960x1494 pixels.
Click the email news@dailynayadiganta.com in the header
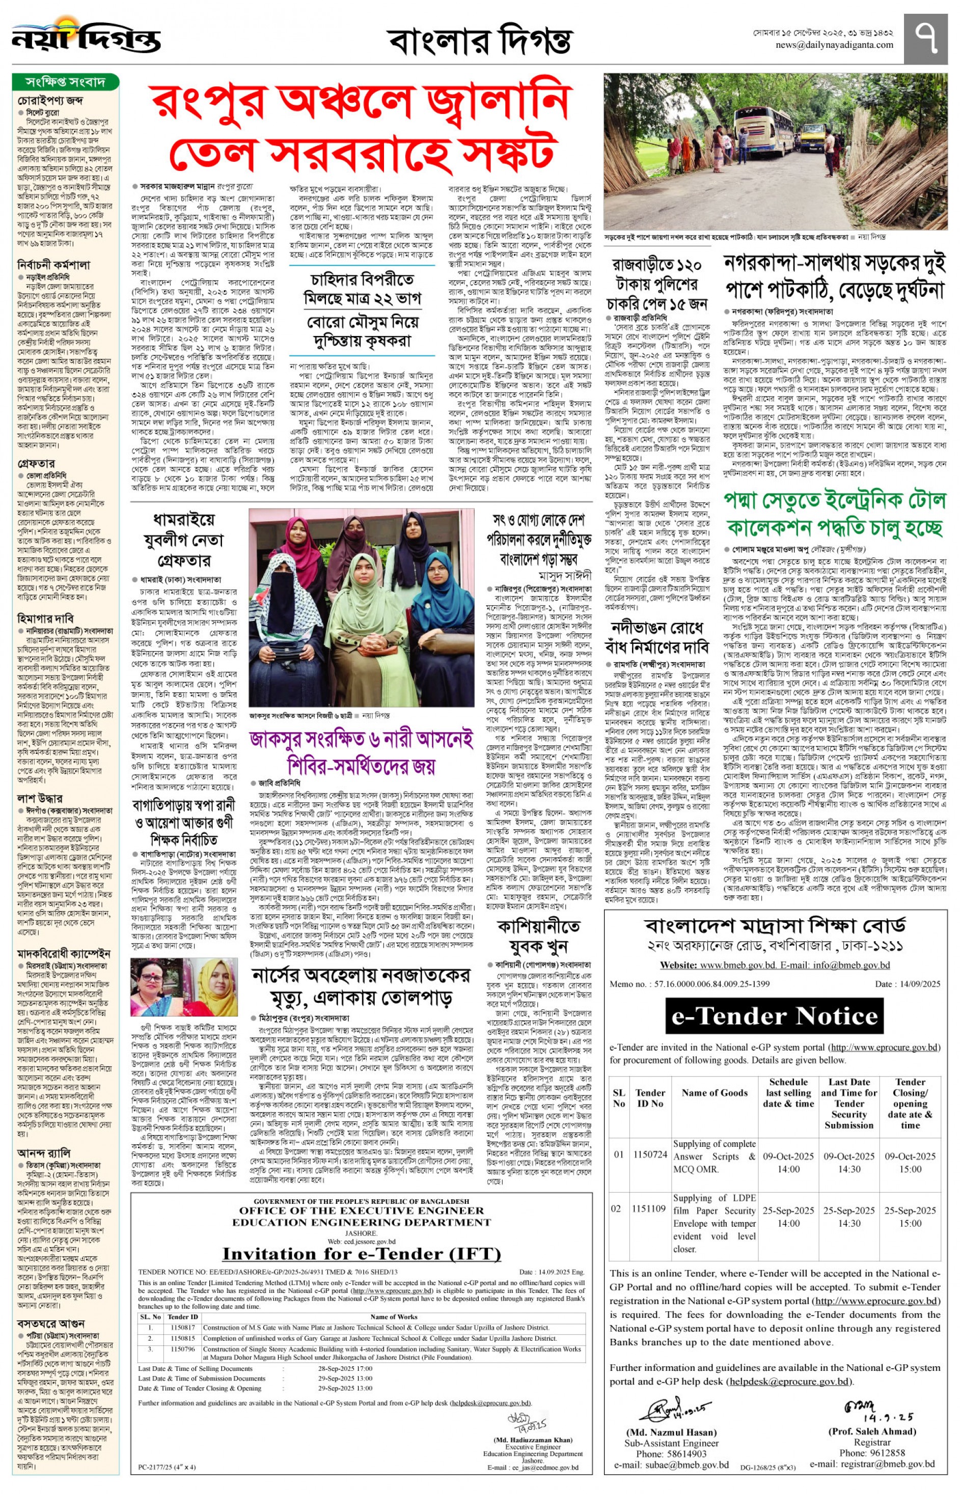pyautogui.click(x=834, y=45)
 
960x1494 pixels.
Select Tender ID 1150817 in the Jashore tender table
pyautogui.click(x=183, y=1328)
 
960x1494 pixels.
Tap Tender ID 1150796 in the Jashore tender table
pyautogui.click(x=183, y=1349)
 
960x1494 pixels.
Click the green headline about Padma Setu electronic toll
pyautogui.click(x=834, y=514)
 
